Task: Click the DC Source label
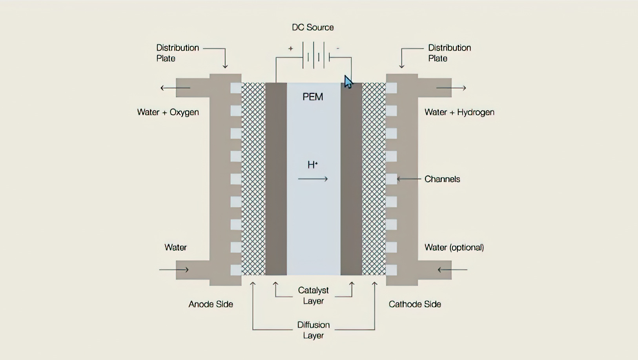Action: (313, 27)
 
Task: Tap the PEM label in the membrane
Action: (313, 97)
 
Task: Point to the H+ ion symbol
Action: (312, 165)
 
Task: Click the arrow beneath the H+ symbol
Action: (313, 179)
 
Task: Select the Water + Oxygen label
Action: (168, 112)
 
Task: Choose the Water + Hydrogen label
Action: (459, 112)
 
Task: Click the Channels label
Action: (442, 179)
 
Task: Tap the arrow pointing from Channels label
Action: (409, 179)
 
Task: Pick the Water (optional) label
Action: (454, 247)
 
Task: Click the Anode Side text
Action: (211, 304)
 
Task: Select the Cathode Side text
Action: (415, 304)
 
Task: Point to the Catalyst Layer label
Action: (313, 296)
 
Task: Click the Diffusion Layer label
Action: (313, 330)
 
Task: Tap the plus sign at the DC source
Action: (290, 49)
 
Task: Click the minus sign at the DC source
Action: (338, 48)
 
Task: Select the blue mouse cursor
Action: (348, 82)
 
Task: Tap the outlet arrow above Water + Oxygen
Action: (175, 88)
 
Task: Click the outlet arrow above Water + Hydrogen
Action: (451, 88)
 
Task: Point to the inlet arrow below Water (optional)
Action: (452, 270)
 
